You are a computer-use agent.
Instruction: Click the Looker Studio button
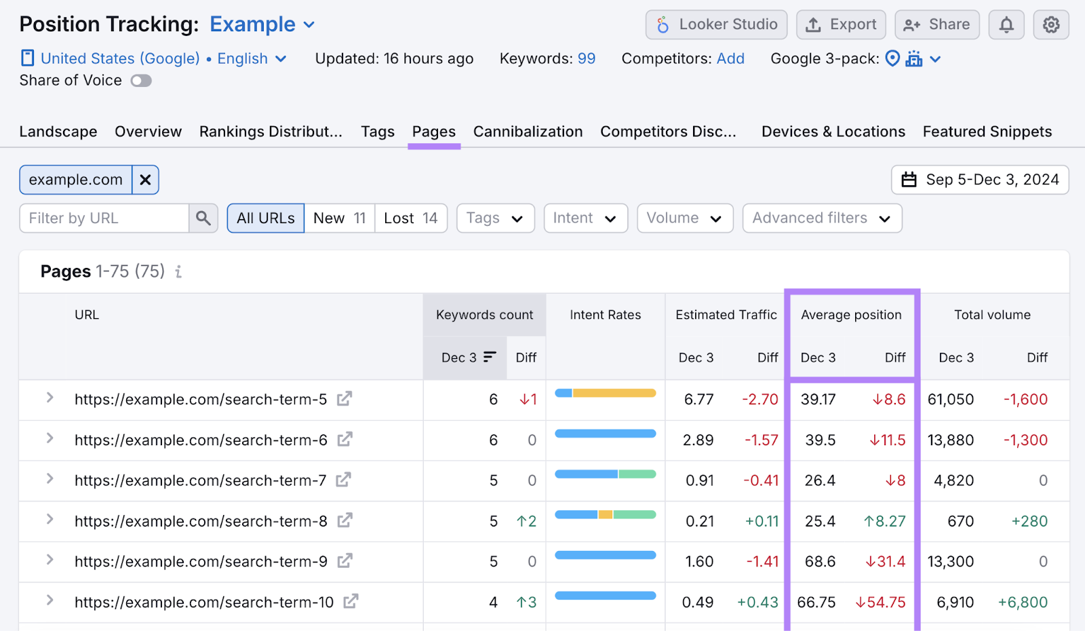(716, 25)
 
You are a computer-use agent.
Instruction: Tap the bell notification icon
(1006, 25)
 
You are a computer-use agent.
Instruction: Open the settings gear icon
(1051, 25)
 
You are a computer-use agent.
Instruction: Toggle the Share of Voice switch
(141, 81)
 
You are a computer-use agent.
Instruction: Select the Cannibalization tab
(528, 132)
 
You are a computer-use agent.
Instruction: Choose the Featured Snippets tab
(987, 132)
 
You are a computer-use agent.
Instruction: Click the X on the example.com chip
(145, 180)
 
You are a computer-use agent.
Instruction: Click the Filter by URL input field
(104, 218)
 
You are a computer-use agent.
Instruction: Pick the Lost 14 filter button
(411, 218)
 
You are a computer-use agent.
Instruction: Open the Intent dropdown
(585, 218)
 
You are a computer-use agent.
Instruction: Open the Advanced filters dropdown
(821, 218)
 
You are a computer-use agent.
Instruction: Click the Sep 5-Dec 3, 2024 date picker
(980, 180)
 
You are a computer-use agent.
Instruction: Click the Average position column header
(851, 315)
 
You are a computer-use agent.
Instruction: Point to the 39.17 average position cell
(818, 400)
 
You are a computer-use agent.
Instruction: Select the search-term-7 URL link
(200, 481)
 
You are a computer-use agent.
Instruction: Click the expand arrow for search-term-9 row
(50, 560)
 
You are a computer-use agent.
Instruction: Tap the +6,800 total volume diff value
(1023, 603)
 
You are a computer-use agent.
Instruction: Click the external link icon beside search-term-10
(351, 602)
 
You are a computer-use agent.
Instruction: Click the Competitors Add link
(730, 59)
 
